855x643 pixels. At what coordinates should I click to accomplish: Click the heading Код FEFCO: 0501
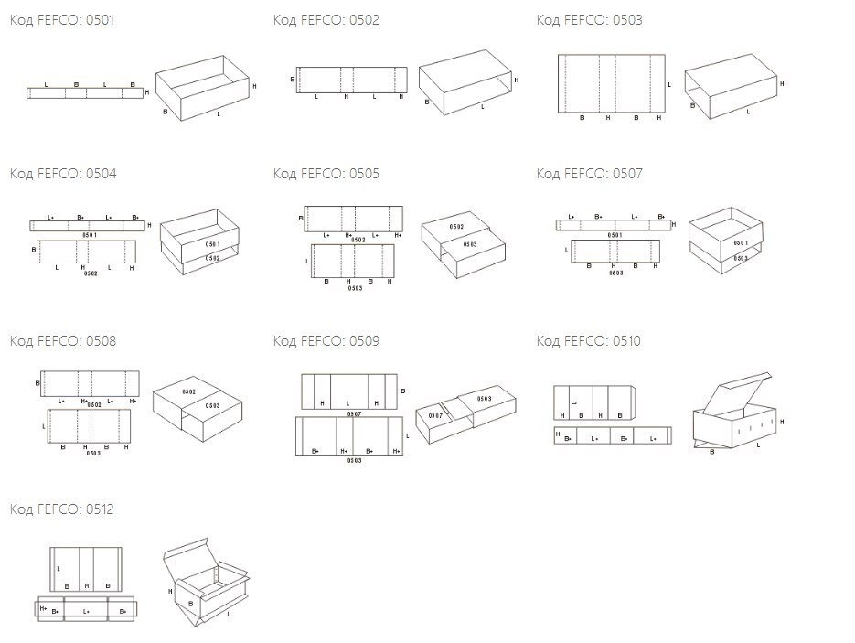(x=62, y=20)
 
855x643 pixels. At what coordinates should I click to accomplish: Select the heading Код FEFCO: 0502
(x=326, y=20)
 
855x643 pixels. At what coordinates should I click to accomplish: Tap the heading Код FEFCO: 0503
(x=589, y=20)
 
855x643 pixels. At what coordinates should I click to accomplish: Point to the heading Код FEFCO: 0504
(x=62, y=174)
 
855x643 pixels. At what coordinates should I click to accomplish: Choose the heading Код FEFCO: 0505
(x=326, y=174)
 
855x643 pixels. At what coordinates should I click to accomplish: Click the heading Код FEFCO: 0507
(x=589, y=174)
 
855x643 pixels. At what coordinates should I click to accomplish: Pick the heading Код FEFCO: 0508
(x=62, y=341)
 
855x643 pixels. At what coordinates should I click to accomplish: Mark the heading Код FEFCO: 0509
(x=326, y=341)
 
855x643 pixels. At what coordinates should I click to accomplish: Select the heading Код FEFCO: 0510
(x=589, y=341)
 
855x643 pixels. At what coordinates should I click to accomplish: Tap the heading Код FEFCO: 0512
(x=62, y=509)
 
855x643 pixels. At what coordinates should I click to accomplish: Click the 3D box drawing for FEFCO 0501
(x=203, y=88)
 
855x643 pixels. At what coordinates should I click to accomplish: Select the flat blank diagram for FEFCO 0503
(x=612, y=84)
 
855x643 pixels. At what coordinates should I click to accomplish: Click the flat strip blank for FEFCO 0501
(x=85, y=92)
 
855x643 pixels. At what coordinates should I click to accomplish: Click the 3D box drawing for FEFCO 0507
(x=724, y=240)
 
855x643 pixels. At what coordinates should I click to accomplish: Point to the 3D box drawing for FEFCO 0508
(x=198, y=400)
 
